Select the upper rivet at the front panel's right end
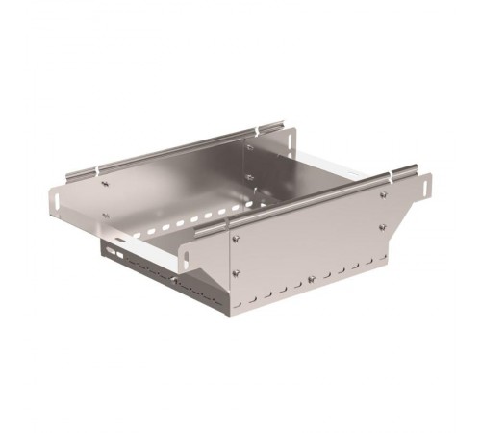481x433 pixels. [x=384, y=195]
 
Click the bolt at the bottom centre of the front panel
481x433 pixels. [x=311, y=280]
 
